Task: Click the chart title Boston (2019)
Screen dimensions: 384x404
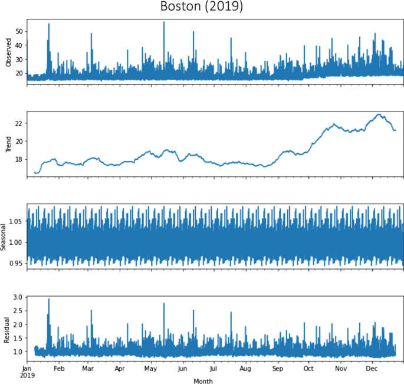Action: click(202, 8)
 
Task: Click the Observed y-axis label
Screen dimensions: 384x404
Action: click(8, 51)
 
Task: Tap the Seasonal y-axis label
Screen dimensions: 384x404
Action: click(5, 236)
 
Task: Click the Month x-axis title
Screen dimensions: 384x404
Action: click(203, 380)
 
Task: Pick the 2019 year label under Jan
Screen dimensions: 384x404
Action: click(27, 375)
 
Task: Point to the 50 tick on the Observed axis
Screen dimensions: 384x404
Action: click(19, 31)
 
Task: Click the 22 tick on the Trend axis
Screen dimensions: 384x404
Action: click(19, 123)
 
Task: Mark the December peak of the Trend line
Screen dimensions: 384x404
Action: click(379, 114)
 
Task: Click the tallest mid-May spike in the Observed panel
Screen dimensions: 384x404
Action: click(164, 22)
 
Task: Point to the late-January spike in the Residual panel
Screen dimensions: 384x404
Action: click(49, 299)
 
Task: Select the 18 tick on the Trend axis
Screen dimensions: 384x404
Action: click(19, 159)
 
